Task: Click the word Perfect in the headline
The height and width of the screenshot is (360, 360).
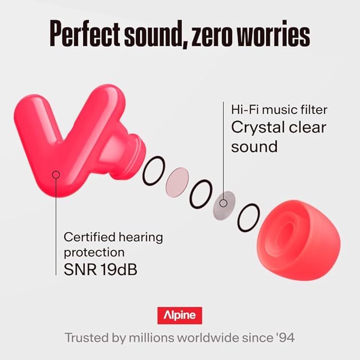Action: pos(85,33)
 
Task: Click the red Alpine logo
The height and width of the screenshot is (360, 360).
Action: pos(180,315)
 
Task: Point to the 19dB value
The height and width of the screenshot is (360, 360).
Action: pos(119,269)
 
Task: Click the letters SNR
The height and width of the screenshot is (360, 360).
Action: pos(80,269)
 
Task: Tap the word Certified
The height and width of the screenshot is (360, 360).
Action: pos(89,237)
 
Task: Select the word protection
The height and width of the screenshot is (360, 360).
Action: pos(94,253)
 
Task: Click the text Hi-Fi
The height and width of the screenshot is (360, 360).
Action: pos(245,110)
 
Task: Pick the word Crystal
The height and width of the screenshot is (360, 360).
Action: pos(258,128)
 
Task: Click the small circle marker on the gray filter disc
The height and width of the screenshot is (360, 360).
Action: pos(223,203)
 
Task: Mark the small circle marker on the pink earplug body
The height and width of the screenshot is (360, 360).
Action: pos(56,175)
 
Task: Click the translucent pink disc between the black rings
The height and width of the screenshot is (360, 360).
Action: pos(177,182)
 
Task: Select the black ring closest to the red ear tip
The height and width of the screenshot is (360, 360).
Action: pos(249,217)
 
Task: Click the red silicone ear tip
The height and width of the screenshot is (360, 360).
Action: pos(298,240)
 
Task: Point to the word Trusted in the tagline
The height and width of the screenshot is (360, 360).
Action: pos(87,338)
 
